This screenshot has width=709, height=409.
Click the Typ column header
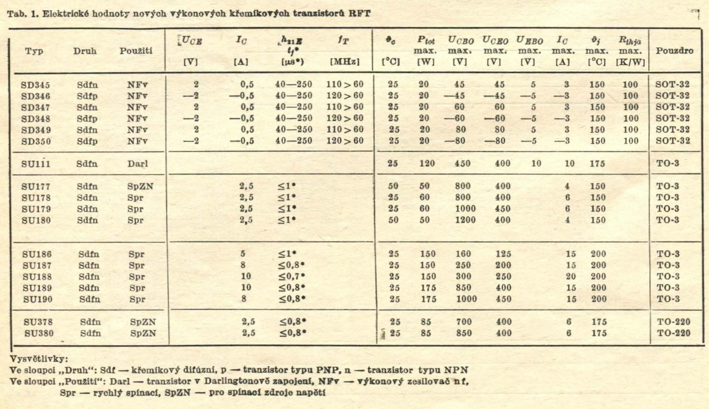tap(34, 51)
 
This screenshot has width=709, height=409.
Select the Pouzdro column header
tap(674, 51)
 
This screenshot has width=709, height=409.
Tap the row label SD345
tap(35, 85)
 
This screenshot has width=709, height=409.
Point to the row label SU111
tap(36, 164)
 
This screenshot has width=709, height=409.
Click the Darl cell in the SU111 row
tap(137, 164)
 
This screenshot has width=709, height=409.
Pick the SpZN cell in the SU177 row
tap(140, 187)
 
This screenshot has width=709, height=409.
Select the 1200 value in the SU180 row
tap(465, 220)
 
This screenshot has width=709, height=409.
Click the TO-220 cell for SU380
tap(673, 333)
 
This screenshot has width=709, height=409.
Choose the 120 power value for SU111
tap(427, 163)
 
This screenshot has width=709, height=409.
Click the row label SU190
tap(37, 299)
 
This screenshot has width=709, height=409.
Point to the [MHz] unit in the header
tap(344, 62)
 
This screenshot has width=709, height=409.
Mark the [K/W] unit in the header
tap(630, 62)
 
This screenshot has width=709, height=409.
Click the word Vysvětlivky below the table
tap(39, 359)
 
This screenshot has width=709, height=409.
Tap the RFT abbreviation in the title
tap(359, 13)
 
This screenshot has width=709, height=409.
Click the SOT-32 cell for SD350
tap(673, 141)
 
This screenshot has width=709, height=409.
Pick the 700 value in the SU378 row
tap(464, 322)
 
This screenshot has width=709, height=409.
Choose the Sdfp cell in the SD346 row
tap(87, 96)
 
